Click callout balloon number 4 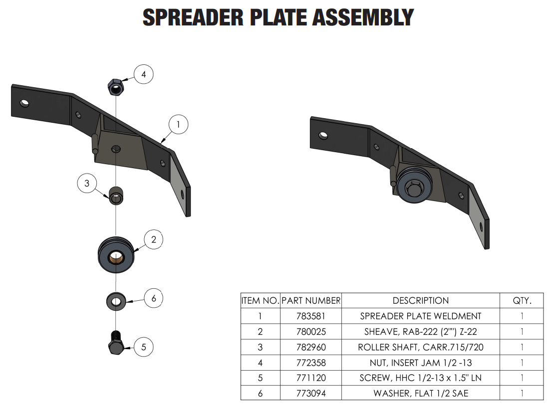(144, 75)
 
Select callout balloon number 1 (178, 123)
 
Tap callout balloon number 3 (87, 183)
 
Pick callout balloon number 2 (154, 240)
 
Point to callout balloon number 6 (154, 298)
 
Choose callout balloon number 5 (144, 347)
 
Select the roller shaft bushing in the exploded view (116, 195)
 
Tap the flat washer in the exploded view (116, 301)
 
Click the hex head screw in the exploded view (116, 345)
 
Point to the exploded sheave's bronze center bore (116, 256)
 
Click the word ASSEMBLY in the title (363, 18)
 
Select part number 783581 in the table (310, 316)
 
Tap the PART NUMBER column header (310, 301)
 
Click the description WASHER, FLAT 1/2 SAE (421, 394)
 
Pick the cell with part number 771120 (310, 378)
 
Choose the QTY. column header (522, 301)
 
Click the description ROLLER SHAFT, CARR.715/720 (421, 347)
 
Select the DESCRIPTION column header (421, 301)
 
